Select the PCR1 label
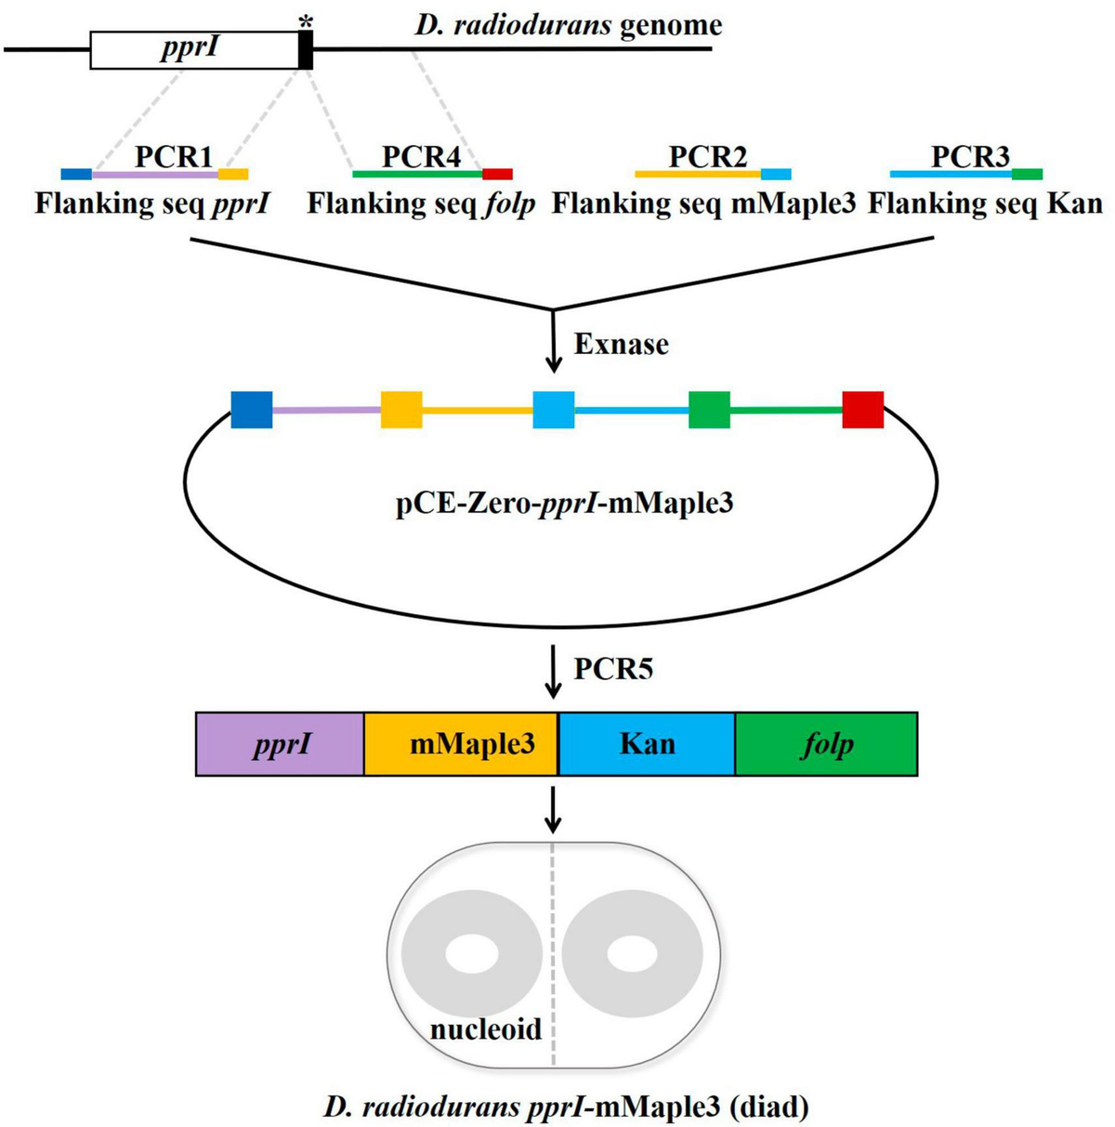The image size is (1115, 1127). (174, 156)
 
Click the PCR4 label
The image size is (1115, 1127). (421, 156)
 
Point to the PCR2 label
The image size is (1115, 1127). (708, 156)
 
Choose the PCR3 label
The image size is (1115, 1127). (970, 156)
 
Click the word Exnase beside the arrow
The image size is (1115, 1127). (621, 345)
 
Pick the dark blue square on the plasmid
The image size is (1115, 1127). (252, 410)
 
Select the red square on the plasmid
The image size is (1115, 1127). (862, 410)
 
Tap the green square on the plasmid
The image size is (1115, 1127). (709, 410)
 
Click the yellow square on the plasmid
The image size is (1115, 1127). (401, 410)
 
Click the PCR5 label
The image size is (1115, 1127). (612, 669)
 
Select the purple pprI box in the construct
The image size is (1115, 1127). (280, 744)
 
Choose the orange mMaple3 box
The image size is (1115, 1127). (461, 744)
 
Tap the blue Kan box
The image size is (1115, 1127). (647, 744)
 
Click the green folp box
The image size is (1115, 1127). (826, 744)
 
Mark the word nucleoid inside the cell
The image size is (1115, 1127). (485, 1029)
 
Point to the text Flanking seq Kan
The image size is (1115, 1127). (985, 203)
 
